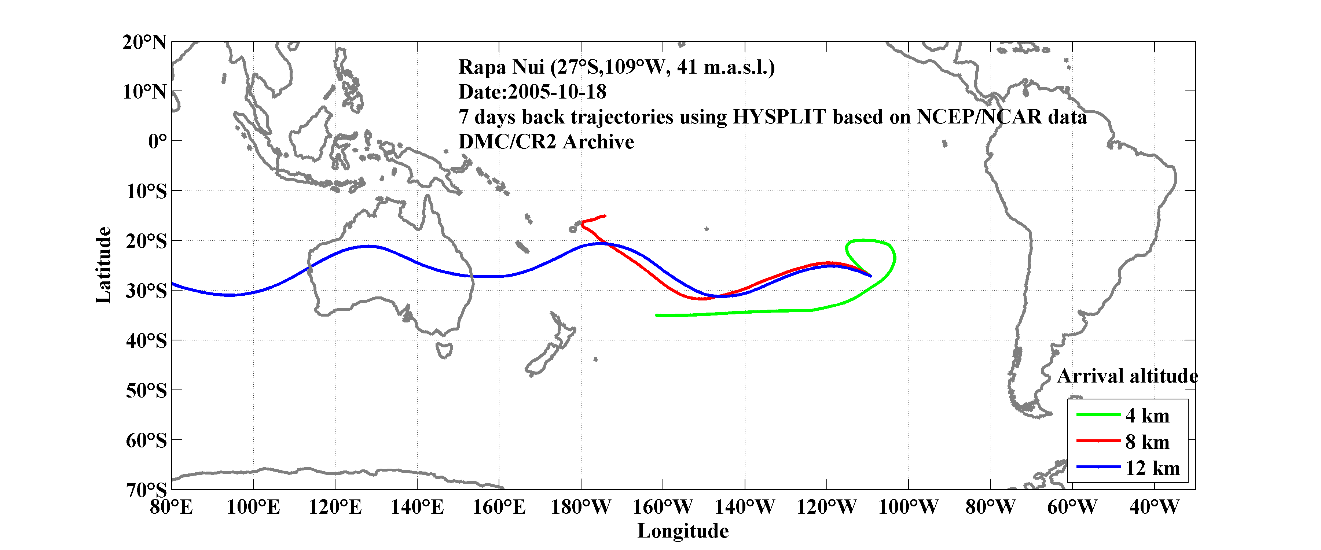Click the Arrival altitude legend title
point(1127,376)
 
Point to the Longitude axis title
point(683,531)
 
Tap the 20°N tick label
point(144,42)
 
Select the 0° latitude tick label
point(157,141)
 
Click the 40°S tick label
point(146,340)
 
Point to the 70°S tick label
point(146,490)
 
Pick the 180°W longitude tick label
point(580,507)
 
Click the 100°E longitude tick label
point(253,507)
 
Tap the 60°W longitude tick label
point(1072,507)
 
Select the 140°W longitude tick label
point(745,507)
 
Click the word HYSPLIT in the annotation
point(778,117)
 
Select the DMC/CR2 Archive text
point(546,142)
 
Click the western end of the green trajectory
point(657,315)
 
